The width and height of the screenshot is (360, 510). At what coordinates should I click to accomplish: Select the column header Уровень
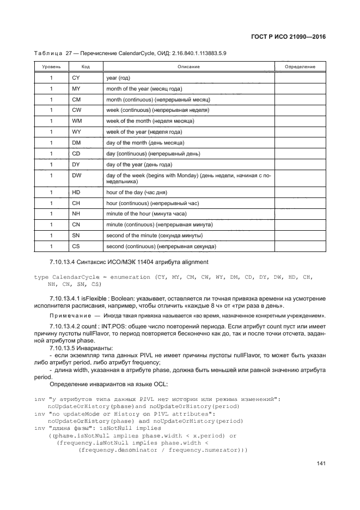click(x=51, y=67)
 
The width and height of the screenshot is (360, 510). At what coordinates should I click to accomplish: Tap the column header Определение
click(x=300, y=67)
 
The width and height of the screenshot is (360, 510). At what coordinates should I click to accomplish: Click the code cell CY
click(x=76, y=78)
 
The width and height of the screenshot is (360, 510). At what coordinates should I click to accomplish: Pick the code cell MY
click(x=76, y=89)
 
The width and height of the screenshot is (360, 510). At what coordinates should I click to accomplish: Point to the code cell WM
click(x=77, y=121)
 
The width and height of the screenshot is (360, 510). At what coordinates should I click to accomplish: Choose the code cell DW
click(x=77, y=175)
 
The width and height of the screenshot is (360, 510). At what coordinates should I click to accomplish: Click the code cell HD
click(x=76, y=193)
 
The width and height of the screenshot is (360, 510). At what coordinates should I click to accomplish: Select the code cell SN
click(x=76, y=236)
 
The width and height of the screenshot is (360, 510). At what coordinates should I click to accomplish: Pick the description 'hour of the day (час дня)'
click(x=136, y=193)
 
